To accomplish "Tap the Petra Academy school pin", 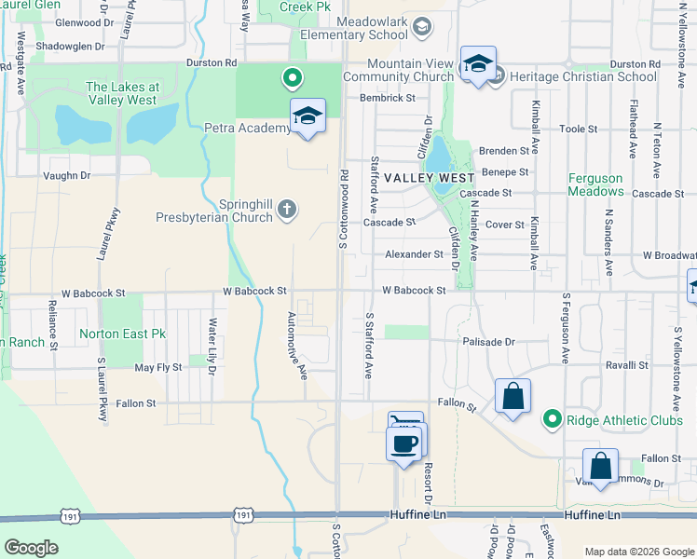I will [x=307, y=117].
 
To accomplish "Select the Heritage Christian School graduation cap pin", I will [x=478, y=64].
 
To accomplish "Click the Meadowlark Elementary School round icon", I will [x=421, y=26].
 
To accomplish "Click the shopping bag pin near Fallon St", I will [x=512, y=397].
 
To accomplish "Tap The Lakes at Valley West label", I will [x=122, y=93].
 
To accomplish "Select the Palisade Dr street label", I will [x=489, y=342].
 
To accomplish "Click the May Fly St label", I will [x=157, y=368].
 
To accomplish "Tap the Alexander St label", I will [x=414, y=253].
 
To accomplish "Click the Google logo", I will [x=31, y=547].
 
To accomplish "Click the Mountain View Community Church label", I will [x=403, y=70].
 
